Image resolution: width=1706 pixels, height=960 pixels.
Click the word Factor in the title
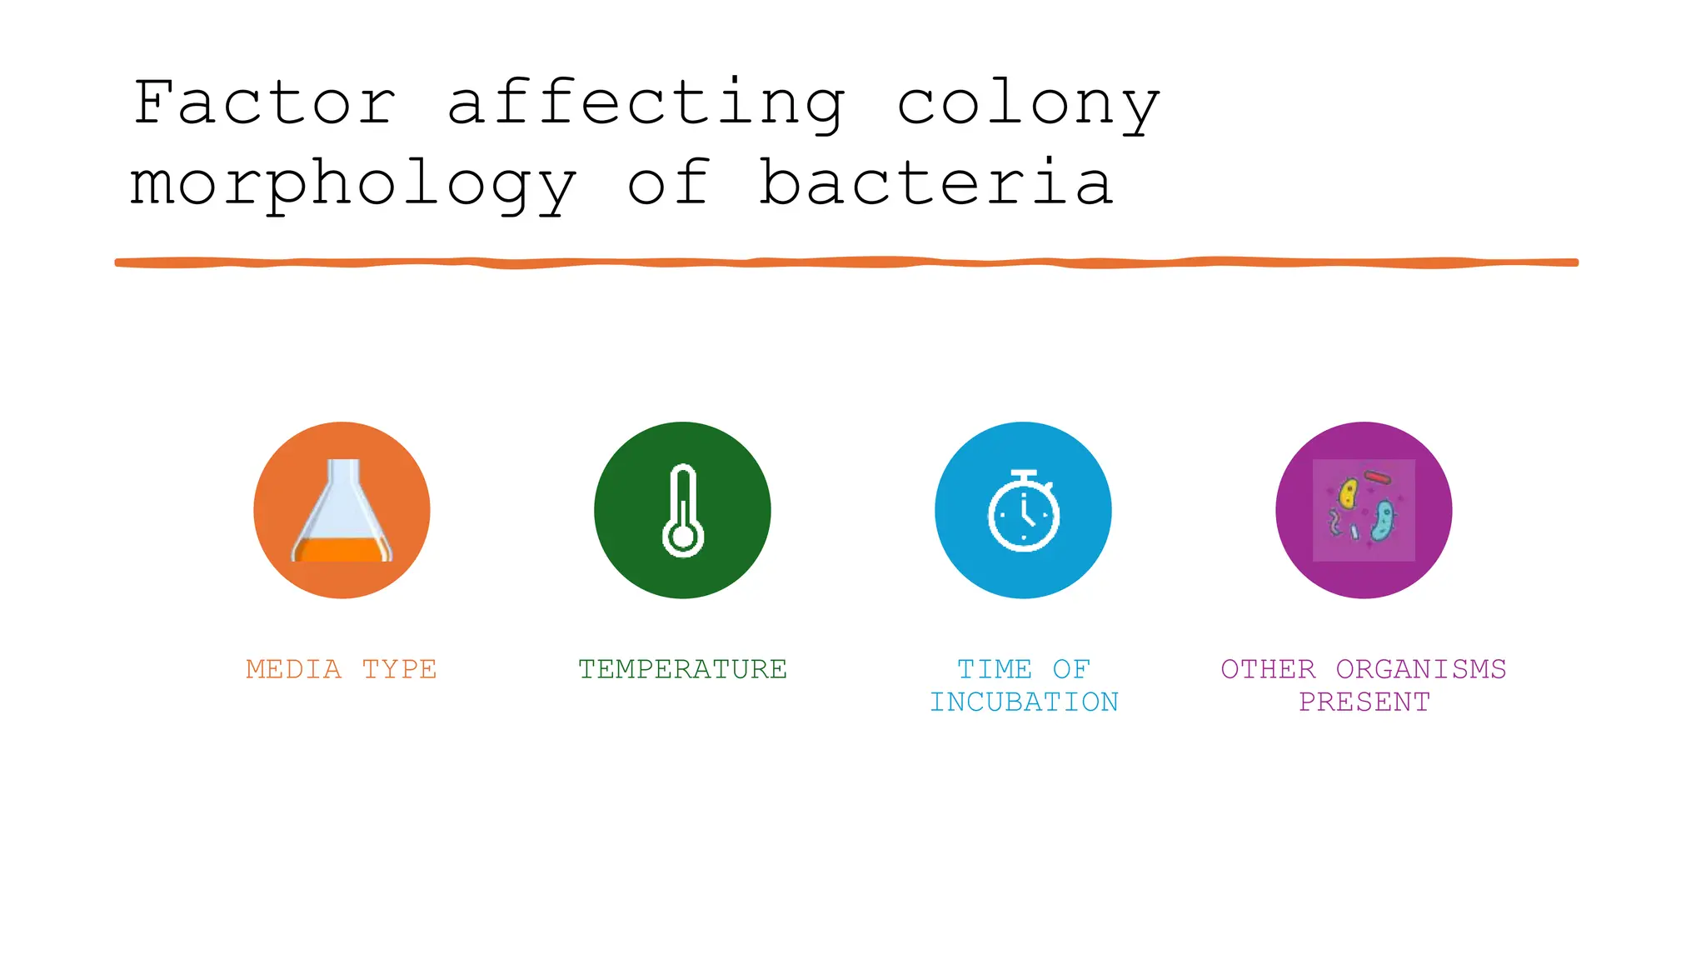click(x=265, y=102)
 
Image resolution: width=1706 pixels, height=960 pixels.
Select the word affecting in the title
click(x=646, y=104)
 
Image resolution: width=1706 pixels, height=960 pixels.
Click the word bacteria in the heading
click(x=936, y=183)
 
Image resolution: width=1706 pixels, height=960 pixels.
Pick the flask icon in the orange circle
click(x=342, y=510)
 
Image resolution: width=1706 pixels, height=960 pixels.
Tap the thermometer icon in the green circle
click(x=683, y=510)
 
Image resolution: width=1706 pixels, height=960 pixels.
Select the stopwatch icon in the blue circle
click(x=1024, y=511)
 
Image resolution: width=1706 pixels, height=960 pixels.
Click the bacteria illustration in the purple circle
click(x=1364, y=510)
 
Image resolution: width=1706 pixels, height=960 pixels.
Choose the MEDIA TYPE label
click(x=342, y=669)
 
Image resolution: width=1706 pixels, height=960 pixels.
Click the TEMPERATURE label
click(x=682, y=669)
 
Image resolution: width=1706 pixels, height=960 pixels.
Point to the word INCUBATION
click(x=1024, y=702)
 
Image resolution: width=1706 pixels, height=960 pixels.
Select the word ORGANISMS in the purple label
click(x=1421, y=669)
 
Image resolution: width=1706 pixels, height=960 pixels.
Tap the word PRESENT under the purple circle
click(x=1364, y=702)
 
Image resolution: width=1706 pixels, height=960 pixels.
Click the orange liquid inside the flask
click(x=342, y=550)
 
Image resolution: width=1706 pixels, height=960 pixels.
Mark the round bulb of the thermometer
click(x=683, y=537)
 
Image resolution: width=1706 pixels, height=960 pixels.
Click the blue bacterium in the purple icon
click(x=1383, y=520)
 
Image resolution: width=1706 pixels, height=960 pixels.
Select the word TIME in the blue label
click(x=995, y=669)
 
